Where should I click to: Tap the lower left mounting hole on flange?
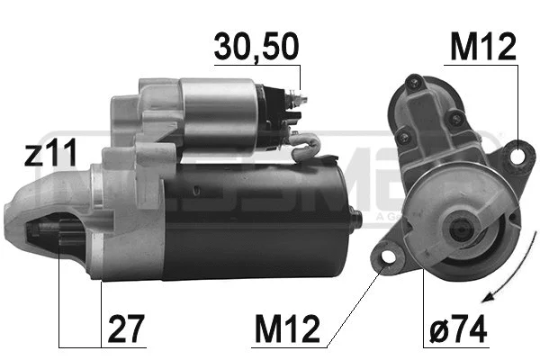(389, 259)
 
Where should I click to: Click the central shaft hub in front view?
(445, 231)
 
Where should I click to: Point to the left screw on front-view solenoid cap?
(403, 138)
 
